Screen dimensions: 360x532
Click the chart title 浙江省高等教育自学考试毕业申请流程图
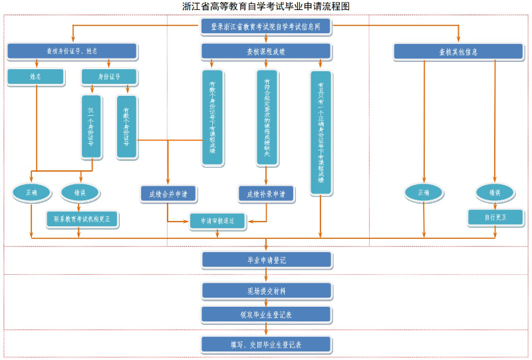pyautogui.click(x=266, y=6)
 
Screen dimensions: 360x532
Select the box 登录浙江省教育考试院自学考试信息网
pyautogui.click(x=266, y=27)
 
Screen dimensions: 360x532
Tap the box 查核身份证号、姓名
pyautogui.click(x=72, y=51)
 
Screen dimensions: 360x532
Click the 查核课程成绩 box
pyautogui.click(x=266, y=51)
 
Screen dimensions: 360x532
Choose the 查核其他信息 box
pyautogui.click(x=458, y=51)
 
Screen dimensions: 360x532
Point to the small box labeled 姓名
pyautogui.click(x=36, y=77)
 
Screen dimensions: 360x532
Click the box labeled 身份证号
pyautogui.click(x=109, y=77)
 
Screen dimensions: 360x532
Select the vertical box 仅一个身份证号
pyautogui.click(x=91, y=126)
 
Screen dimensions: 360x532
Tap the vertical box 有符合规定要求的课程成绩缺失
pyautogui.click(x=267, y=117)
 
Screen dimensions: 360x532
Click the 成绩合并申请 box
pyautogui.click(x=168, y=194)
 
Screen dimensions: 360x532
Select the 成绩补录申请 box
pyautogui.click(x=266, y=194)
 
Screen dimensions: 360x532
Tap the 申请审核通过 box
pyautogui.click(x=217, y=220)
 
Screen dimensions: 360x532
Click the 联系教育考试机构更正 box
pyautogui.click(x=82, y=218)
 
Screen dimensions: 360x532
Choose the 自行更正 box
pyautogui.click(x=495, y=217)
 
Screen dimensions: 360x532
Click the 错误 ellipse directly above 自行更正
pyautogui.click(x=495, y=192)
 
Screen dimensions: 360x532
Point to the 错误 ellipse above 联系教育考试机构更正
pyautogui.click(x=80, y=192)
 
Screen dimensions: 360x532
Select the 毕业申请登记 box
pyautogui.click(x=266, y=260)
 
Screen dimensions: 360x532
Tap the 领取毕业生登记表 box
pyautogui.click(x=266, y=314)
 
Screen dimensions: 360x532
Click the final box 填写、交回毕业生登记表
pyautogui.click(x=266, y=344)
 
